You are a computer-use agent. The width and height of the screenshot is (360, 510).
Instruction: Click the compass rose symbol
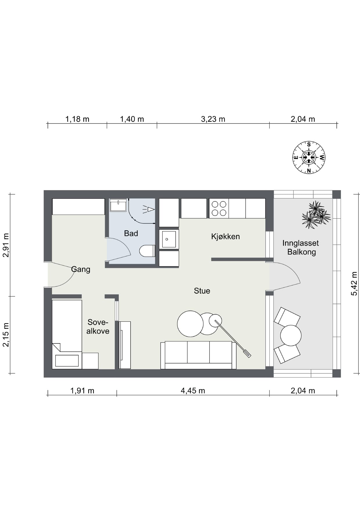(x=309, y=158)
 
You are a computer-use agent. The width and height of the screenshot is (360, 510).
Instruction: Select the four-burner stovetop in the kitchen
(x=219, y=208)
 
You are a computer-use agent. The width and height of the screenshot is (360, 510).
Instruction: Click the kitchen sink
(x=169, y=239)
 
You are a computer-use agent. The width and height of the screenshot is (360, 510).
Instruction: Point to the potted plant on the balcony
(x=316, y=215)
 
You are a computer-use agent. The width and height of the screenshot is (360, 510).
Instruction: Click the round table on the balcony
(x=291, y=335)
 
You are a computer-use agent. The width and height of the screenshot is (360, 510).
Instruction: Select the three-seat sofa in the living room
(x=198, y=355)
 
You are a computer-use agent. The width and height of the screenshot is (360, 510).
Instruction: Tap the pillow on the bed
(x=67, y=361)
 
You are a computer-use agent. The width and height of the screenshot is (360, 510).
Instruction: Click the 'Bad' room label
(x=131, y=233)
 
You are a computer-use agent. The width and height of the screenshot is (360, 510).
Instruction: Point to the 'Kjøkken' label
(x=226, y=237)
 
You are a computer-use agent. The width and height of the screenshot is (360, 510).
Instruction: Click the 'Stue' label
(x=202, y=291)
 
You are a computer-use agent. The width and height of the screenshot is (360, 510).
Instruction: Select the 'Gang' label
(x=81, y=269)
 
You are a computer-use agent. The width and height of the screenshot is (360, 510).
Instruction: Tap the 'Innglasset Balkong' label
(x=301, y=247)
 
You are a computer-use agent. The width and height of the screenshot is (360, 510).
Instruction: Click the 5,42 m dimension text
(x=354, y=284)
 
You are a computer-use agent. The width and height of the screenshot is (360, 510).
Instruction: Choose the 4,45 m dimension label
(x=193, y=391)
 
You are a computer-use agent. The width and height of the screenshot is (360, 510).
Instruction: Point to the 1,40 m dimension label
(x=132, y=119)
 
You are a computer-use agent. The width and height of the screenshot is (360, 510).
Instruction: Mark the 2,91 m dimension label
(x=6, y=245)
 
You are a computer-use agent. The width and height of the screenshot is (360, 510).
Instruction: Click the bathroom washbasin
(x=118, y=205)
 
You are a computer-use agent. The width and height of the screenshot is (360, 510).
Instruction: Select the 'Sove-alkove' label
(x=98, y=327)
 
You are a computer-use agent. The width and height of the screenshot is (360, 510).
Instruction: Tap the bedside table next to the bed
(x=90, y=361)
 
